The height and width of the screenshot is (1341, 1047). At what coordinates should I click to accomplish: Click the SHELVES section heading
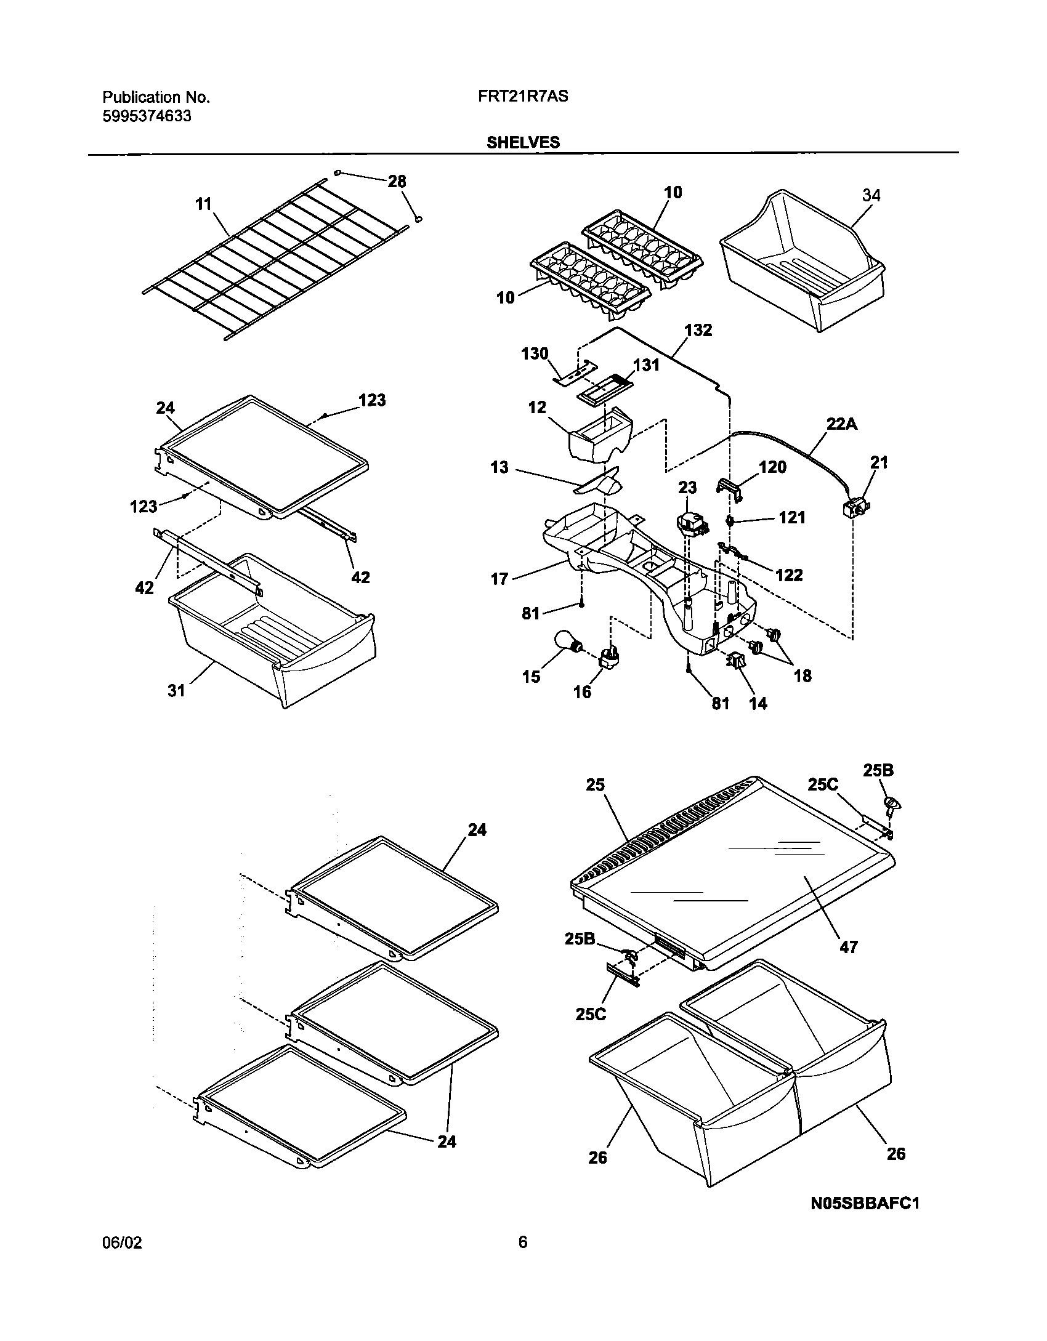tap(523, 142)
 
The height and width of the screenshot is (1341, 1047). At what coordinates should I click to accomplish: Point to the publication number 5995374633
tap(147, 116)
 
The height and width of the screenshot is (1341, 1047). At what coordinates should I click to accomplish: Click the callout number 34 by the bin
tap(871, 195)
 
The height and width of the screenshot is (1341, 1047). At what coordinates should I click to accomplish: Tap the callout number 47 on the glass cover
tap(849, 947)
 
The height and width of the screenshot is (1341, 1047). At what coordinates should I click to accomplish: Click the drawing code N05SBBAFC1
tap(865, 1220)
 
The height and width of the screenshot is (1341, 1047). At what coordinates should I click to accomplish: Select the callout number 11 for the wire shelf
tap(203, 204)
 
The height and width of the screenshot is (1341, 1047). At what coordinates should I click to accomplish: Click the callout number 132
tap(698, 330)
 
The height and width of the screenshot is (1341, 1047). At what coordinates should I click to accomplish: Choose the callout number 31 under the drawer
tap(176, 691)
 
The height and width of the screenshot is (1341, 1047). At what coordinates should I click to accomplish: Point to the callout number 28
tap(397, 181)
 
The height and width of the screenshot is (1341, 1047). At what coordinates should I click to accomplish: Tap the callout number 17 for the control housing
tap(499, 578)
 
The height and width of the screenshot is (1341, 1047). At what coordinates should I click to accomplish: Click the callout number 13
tap(499, 467)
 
